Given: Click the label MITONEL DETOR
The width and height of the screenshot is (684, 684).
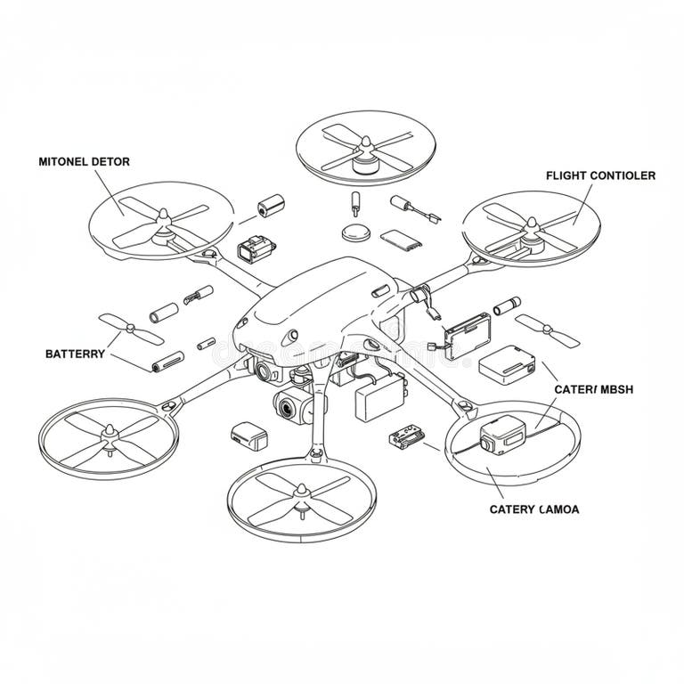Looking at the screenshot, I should point(84,162).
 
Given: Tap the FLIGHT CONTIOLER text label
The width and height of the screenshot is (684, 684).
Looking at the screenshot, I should point(600,175).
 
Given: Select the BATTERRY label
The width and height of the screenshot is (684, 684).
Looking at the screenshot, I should point(75,354).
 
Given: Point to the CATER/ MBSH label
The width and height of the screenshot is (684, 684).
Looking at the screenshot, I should point(593,389).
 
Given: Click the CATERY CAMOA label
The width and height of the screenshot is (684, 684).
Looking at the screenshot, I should point(534,509).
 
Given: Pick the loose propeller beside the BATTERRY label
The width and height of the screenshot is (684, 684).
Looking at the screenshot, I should point(129,330).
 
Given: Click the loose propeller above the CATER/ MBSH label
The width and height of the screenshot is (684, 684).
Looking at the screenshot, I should point(547,330).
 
